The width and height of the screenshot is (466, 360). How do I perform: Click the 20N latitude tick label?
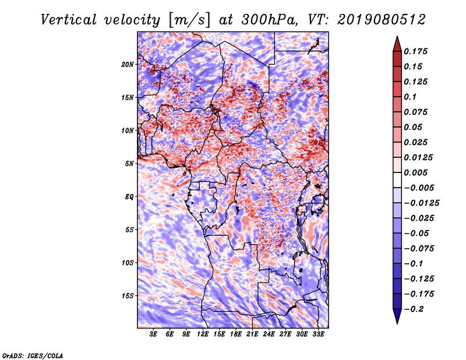click(128, 64)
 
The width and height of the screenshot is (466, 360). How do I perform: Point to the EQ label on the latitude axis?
click(129, 197)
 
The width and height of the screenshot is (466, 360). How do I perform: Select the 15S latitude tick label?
click(128, 296)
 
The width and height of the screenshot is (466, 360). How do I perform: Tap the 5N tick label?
click(129, 164)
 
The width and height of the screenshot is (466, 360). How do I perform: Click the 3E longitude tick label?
click(154, 335)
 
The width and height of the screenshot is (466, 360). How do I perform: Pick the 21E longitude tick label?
click(252, 335)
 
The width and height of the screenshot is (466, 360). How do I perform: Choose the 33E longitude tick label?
click(317, 335)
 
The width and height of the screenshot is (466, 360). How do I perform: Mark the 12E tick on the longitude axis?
click(203, 335)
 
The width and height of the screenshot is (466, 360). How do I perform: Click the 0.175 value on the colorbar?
click(417, 52)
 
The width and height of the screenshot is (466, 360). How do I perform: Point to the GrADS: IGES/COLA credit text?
click(32, 355)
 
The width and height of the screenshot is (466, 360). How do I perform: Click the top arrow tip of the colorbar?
click(397, 37)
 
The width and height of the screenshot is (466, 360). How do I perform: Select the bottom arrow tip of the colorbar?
click(397, 322)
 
